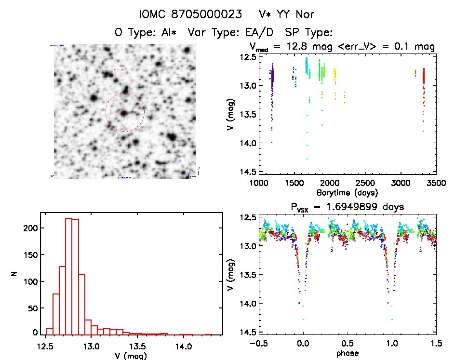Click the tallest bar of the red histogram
click(68, 275)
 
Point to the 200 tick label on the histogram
click(29, 227)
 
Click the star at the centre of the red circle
click(124, 113)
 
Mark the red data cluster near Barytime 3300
click(424, 77)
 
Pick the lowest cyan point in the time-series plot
click(307, 159)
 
